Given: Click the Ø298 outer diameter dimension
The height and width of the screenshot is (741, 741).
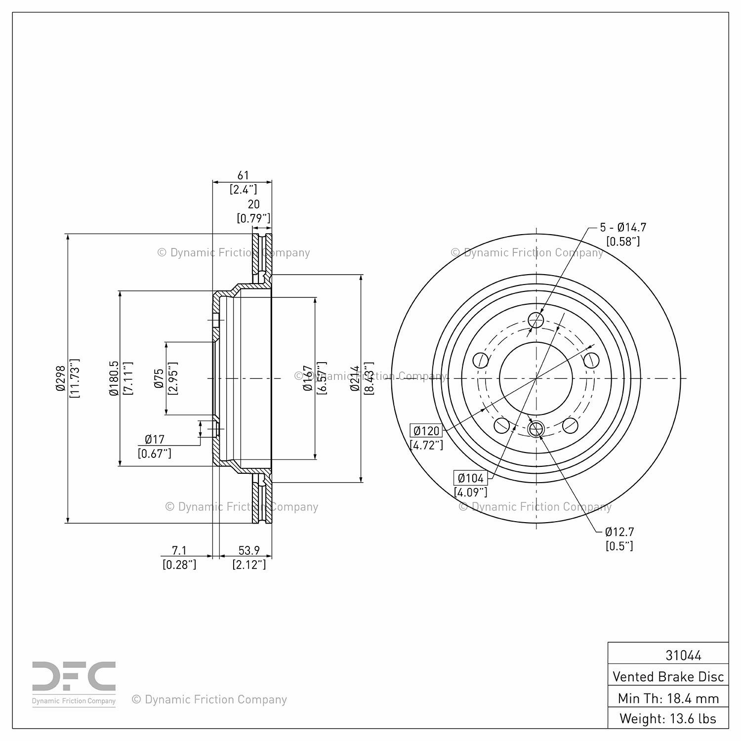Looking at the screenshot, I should point(60,378).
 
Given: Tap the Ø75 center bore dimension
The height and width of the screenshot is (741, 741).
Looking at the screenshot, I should point(159,378).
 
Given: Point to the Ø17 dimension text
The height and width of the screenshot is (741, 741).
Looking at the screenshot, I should point(155,439).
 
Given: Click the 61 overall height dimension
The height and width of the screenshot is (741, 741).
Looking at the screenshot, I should point(243,175).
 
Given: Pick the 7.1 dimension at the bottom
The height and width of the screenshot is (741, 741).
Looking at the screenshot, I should point(179,550).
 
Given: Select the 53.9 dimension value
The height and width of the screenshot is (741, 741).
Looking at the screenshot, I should point(249,550).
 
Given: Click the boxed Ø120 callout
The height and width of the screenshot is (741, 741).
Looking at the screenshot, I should point(426,431).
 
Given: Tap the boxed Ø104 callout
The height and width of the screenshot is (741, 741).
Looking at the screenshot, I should point(470,478).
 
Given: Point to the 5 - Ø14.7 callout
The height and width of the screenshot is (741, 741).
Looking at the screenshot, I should point(623,228).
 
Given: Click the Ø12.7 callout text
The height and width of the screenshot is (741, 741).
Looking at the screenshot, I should point(619,532).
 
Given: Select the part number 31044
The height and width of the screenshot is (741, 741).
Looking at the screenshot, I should point(683,656).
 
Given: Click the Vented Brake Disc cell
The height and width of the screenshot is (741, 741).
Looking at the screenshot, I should point(668,677).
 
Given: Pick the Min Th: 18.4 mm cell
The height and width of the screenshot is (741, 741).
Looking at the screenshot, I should point(668,699).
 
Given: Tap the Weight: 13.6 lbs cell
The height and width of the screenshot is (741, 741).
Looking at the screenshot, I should point(668,719).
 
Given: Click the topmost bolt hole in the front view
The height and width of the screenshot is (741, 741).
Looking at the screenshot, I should point(536,320).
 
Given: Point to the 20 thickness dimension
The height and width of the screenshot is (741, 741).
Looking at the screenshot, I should point(253,205).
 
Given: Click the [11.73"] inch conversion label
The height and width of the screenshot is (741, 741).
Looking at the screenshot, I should point(75,378).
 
